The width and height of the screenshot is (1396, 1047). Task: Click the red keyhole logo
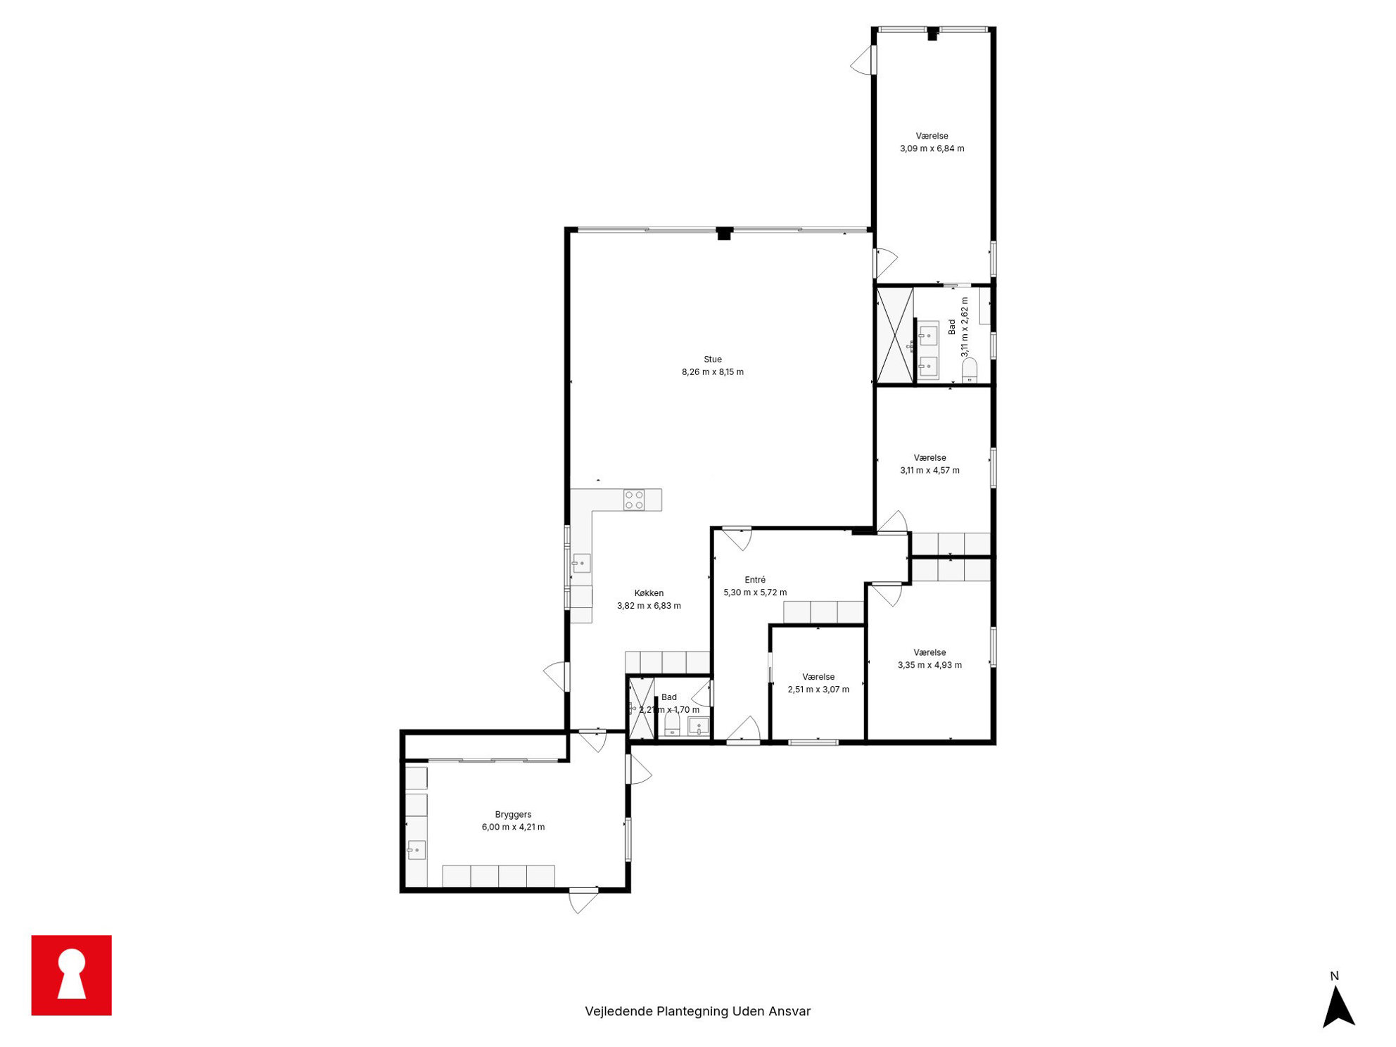click(71, 975)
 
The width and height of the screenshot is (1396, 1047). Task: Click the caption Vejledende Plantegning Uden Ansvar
click(697, 1011)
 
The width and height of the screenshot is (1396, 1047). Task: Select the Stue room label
click(713, 360)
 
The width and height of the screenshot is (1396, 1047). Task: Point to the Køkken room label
click(649, 593)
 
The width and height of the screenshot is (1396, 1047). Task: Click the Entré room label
click(755, 580)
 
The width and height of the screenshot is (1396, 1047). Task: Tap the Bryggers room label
click(513, 814)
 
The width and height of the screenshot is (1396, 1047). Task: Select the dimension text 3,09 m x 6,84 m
click(932, 148)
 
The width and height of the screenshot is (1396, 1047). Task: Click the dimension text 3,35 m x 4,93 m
click(929, 665)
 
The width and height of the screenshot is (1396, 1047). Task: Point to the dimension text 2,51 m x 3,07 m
click(818, 690)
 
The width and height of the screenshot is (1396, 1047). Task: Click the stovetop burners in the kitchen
click(634, 500)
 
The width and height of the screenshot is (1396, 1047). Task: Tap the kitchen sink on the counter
click(581, 563)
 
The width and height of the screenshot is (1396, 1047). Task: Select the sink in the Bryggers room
click(417, 850)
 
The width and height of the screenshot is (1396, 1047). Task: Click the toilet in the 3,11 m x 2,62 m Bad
click(970, 371)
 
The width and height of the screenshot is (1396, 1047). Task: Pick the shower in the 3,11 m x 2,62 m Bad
click(895, 336)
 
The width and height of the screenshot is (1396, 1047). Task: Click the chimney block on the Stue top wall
click(724, 234)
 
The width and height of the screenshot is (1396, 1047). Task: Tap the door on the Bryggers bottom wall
click(583, 900)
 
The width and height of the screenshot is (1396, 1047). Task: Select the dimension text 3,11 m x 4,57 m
click(929, 470)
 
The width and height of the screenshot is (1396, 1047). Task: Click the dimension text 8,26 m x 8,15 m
click(712, 372)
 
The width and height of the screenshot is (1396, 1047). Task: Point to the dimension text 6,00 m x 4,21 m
click(513, 827)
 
